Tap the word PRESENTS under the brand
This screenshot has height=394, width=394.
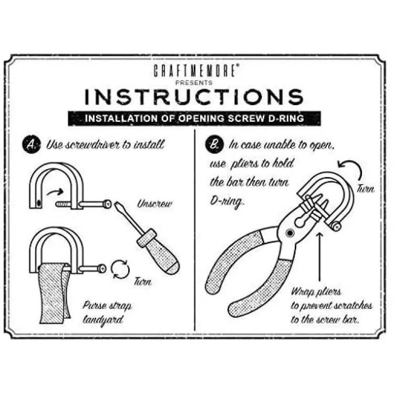point(194,82)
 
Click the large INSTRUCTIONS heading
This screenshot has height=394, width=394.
point(194,97)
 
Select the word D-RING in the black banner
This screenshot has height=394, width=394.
point(286,118)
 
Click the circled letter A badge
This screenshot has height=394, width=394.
point(32,145)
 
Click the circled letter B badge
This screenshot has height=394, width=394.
point(214,145)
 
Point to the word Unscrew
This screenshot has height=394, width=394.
point(155,203)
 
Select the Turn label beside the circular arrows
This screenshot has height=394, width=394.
point(143,282)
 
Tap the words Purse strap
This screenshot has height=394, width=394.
point(107,306)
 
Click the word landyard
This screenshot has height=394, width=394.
point(103,320)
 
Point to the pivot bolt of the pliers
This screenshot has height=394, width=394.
point(289,233)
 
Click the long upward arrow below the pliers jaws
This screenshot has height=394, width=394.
point(319,257)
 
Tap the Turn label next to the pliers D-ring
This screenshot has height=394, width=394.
point(366,189)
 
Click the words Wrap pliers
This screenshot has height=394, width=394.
point(316,292)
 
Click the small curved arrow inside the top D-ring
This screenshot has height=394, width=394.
point(55,192)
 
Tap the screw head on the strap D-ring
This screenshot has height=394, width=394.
point(102,268)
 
